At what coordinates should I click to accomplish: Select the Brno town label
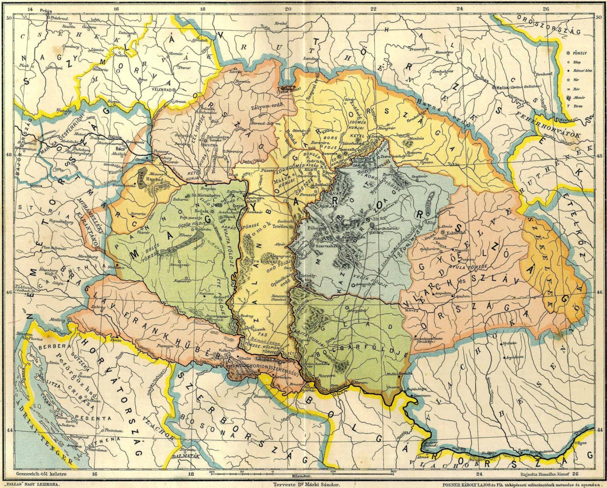pos(142,79)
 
